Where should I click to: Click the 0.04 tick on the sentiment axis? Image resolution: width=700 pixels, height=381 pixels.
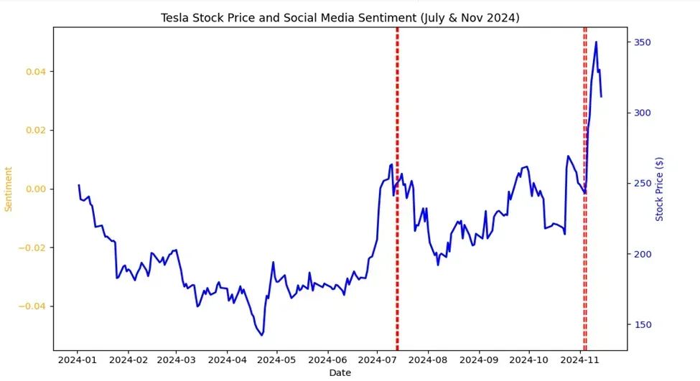(36, 72)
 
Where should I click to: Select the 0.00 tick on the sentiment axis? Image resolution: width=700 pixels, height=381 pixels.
(36, 189)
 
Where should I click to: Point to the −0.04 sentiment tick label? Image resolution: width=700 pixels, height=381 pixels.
(34, 306)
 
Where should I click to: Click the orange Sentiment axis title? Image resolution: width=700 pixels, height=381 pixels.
(9, 189)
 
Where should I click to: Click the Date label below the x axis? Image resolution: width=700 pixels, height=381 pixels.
(340, 372)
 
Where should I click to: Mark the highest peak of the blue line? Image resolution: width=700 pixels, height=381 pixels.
(596, 42)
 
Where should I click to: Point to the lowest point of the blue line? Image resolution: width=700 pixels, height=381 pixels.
(262, 335)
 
